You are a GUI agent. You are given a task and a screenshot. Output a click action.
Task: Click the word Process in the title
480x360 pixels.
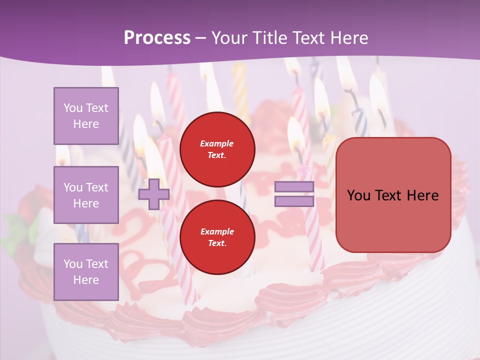[x=157, y=38]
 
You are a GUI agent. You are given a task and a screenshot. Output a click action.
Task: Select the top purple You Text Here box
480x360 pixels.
[x=86, y=116]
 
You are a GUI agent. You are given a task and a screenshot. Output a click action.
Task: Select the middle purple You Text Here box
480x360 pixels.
[x=86, y=195]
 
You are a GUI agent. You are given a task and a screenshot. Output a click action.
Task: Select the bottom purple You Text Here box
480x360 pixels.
[x=86, y=271]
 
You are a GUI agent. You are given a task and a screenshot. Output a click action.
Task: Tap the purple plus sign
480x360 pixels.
[x=153, y=194]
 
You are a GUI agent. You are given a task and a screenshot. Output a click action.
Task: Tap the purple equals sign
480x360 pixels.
[x=294, y=194]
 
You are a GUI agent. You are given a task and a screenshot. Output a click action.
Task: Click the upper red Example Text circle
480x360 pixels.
[x=217, y=149]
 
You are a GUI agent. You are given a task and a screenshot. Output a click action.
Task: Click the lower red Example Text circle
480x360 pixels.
[x=217, y=237]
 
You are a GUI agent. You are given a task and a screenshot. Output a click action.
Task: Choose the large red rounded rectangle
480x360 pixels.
[x=393, y=195]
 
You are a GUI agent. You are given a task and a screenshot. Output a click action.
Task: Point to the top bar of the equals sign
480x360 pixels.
[x=294, y=187]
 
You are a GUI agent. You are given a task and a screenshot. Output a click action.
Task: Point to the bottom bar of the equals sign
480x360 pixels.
[x=294, y=201]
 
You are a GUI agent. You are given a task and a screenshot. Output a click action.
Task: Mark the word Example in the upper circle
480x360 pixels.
[x=217, y=144]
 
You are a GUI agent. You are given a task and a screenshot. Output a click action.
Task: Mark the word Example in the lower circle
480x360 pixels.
[x=217, y=231]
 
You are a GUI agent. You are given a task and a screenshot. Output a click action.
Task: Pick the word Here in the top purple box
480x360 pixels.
[x=86, y=124]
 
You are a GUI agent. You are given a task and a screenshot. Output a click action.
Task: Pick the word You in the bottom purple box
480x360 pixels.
[x=73, y=264]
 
